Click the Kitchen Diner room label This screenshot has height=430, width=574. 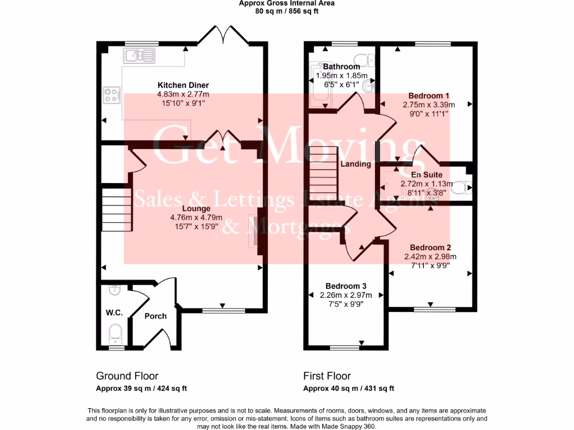coord(183,86)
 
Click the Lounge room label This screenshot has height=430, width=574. coord(184,209)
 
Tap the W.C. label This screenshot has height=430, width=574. coord(114,312)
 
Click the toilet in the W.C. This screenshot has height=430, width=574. coord(115,332)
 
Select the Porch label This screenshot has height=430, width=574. coord(155,316)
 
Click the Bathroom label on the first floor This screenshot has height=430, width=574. coord(341,67)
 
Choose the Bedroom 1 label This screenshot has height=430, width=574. coord(429,95)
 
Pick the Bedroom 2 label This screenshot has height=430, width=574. coord(430,247)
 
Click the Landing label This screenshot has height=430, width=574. coord(356,164)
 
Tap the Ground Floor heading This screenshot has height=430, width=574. coord(127,376)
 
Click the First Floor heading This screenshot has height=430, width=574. coord(327,376)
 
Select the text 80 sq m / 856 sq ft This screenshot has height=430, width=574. coord(286,11)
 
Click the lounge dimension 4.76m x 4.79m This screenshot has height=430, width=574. coord(196,218)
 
